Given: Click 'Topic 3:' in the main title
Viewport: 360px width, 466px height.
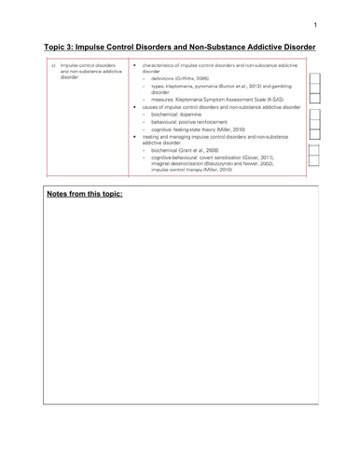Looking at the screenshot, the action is pos(64,48).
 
